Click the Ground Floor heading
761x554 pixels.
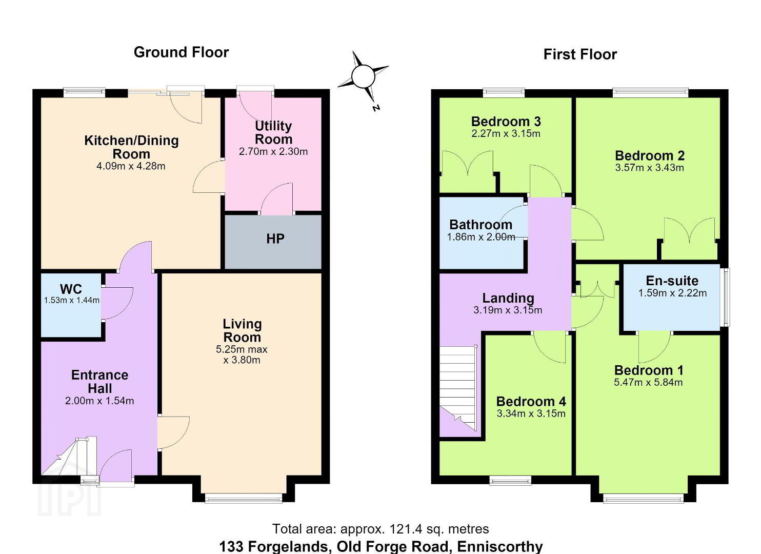181,52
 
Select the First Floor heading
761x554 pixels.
580,54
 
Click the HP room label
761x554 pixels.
275,239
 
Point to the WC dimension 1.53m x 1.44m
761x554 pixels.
72,300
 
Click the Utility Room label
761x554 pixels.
273,132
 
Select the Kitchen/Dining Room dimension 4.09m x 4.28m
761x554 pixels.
131,166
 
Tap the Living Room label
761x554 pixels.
242,331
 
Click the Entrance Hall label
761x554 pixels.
100,382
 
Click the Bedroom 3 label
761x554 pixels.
506,122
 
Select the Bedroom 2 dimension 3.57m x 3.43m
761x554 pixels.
649,168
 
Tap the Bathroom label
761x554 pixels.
480,225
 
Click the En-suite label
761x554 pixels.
672,281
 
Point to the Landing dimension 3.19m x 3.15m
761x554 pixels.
508,310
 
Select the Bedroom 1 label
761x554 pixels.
649,370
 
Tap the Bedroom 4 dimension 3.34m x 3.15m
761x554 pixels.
531,413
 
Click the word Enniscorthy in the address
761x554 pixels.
500,546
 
